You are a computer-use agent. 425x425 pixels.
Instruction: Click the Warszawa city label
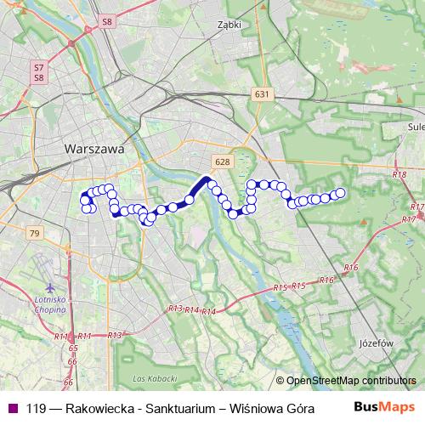[93, 148]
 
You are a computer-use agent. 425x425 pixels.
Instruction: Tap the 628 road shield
[223, 162]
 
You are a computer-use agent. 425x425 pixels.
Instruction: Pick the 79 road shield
[34, 233]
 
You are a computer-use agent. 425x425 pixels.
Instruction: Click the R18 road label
[400, 174]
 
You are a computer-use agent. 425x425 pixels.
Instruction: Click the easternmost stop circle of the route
[341, 193]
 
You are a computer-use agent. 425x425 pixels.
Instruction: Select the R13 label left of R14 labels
[175, 309]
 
